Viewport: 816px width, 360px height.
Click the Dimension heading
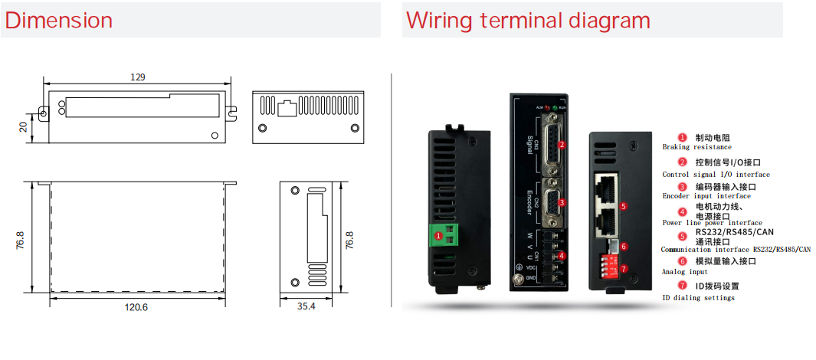pos(58,21)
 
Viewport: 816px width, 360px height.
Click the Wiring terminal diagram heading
pos(528,21)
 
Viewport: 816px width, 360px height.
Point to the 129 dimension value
pos(138,77)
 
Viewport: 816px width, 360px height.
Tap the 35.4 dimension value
pos(306,306)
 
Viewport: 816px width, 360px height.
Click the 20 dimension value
pos(24,126)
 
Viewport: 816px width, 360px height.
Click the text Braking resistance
pos(696,147)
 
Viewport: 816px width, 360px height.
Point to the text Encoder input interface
pos(706,196)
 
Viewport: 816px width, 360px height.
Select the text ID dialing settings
pos(698,297)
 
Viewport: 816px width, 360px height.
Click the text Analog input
pos(684,272)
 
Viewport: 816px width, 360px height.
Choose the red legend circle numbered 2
pos(682,162)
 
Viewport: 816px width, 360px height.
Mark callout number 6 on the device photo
pos(624,247)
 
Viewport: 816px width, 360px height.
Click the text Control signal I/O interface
pos(716,175)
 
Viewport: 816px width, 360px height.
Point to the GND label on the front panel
pos(531,277)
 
